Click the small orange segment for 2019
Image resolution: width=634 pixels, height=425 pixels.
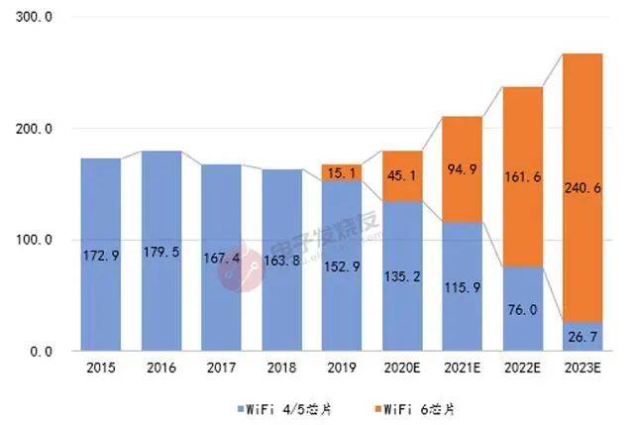click(342, 171)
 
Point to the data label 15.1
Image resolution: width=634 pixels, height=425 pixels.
click(342, 172)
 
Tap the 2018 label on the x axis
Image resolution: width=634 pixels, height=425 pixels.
click(281, 368)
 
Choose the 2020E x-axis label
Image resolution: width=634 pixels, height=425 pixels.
click(402, 368)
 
